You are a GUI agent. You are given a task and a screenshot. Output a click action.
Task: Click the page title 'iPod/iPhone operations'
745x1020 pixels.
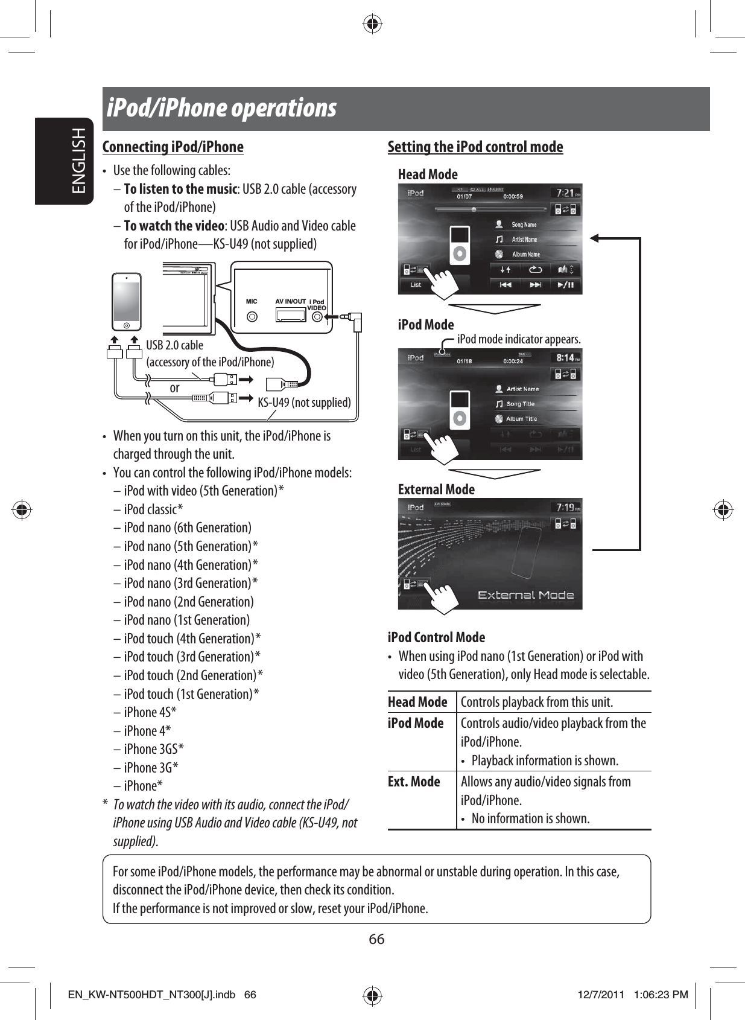[x=221, y=109]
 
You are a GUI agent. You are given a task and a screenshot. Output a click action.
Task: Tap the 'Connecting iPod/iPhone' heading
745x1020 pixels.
[x=173, y=147]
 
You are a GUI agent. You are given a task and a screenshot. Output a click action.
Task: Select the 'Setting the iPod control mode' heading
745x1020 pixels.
[x=475, y=147]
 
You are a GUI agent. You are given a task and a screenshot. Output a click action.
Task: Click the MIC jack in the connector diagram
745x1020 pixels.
[x=252, y=316]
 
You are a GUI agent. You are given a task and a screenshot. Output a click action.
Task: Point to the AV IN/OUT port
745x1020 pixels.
[x=290, y=314]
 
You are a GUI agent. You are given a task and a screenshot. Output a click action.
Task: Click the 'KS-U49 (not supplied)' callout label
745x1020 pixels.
[x=304, y=403]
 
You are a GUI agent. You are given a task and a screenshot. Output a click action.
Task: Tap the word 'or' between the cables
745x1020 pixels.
[x=174, y=388]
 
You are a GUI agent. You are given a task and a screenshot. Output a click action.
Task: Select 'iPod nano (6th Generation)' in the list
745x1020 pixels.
[x=187, y=528]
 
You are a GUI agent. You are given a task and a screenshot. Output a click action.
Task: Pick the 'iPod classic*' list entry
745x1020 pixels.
[x=153, y=509]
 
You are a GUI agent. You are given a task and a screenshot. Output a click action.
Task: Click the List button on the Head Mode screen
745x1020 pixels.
[x=416, y=284]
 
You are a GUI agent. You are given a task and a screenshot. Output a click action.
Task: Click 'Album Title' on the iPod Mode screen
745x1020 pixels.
[x=521, y=419]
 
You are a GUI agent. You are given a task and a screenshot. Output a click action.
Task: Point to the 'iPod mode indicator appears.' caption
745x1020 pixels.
[x=519, y=339]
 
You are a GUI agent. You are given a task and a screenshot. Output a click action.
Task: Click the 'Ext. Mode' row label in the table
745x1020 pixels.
[x=414, y=782]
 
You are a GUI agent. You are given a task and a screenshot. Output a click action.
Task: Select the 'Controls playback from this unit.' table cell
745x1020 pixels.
[x=536, y=702]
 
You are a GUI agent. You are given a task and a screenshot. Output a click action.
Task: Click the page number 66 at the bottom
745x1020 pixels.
[x=376, y=939]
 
